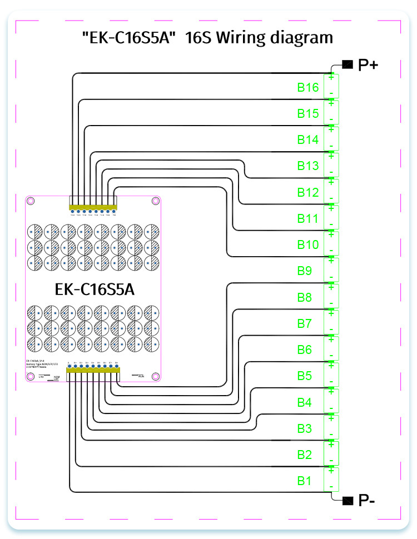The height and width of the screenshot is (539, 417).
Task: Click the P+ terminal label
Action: pos(369,65)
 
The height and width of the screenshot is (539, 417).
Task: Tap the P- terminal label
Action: pos(366,501)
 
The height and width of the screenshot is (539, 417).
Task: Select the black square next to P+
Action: pos(348,64)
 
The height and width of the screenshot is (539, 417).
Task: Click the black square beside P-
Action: pos(348,501)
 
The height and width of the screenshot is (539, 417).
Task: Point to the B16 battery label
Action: pos(307,88)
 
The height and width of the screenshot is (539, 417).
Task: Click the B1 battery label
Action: pos(305,481)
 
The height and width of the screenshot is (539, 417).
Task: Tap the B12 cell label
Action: pos(307,193)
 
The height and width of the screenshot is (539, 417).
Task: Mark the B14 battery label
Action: pos(307,140)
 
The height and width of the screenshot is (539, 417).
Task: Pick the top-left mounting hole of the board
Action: pos(32,201)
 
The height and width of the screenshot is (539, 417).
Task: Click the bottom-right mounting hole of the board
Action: pos(155,376)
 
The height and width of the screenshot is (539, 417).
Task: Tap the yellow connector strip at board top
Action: pos(93,207)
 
